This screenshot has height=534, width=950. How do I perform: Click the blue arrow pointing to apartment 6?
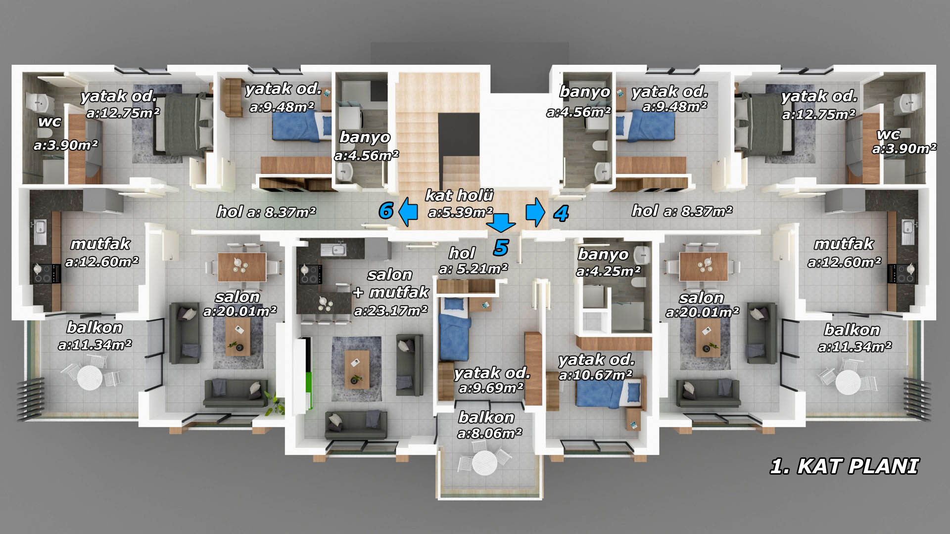point(408,212)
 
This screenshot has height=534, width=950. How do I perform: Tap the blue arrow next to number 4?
point(535,212)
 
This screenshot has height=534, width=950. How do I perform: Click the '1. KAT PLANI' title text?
point(844,467)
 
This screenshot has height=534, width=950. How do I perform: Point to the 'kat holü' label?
point(460,195)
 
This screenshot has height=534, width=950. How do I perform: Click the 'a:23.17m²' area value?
point(391,311)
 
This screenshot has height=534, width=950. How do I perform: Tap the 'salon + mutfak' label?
point(391,284)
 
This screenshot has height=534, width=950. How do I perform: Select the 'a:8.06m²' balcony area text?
point(490,434)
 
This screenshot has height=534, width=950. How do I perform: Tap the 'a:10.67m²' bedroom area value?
point(596,375)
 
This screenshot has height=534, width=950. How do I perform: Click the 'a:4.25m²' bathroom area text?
point(609,271)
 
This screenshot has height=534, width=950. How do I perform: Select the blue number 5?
point(501,247)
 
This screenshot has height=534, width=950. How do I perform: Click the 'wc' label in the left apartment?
point(49,122)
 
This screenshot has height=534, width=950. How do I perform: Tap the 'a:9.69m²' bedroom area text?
point(491,388)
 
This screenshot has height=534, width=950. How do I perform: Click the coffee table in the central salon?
point(358,368)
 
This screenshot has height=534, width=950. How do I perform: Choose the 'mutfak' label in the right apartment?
point(844,244)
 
